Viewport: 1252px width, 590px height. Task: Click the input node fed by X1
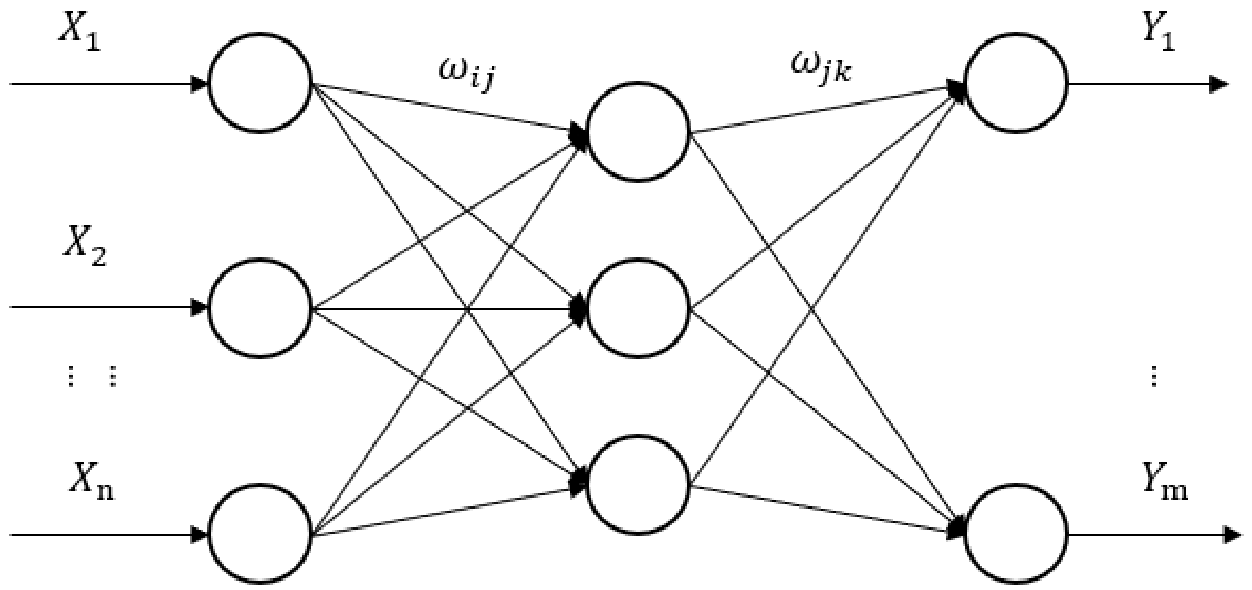coord(260,83)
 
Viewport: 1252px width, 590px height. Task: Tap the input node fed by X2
coord(260,308)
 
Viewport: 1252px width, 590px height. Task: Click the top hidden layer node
coord(638,132)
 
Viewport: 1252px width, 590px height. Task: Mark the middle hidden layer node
coord(638,308)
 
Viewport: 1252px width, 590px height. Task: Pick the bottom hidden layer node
coord(638,484)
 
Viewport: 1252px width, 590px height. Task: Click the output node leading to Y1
coord(1016,83)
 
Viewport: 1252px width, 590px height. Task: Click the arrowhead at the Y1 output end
coord(1218,84)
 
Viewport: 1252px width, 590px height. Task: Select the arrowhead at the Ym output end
coord(1233,535)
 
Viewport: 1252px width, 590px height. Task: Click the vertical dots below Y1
coord(1154,376)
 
